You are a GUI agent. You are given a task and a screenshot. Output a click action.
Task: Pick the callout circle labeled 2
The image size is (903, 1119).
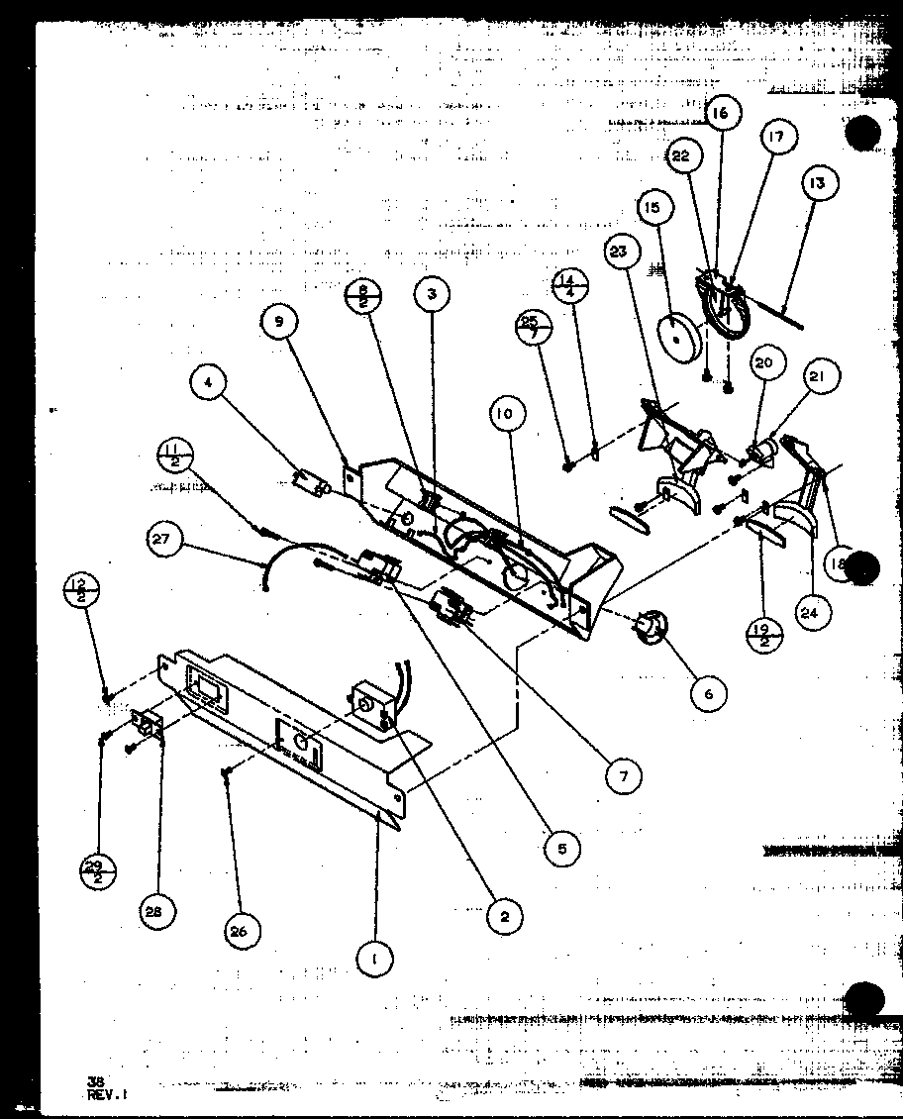504,917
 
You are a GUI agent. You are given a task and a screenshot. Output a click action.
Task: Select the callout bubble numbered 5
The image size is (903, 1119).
561,848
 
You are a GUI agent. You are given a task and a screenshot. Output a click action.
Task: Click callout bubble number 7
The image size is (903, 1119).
623,776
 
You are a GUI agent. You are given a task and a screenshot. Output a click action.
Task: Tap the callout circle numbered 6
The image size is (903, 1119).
708,693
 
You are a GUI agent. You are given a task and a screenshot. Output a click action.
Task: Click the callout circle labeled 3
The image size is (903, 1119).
432,293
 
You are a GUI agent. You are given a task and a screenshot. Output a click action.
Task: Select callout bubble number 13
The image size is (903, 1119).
819,183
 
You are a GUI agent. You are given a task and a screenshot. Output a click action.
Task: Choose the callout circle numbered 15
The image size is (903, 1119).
652,208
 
